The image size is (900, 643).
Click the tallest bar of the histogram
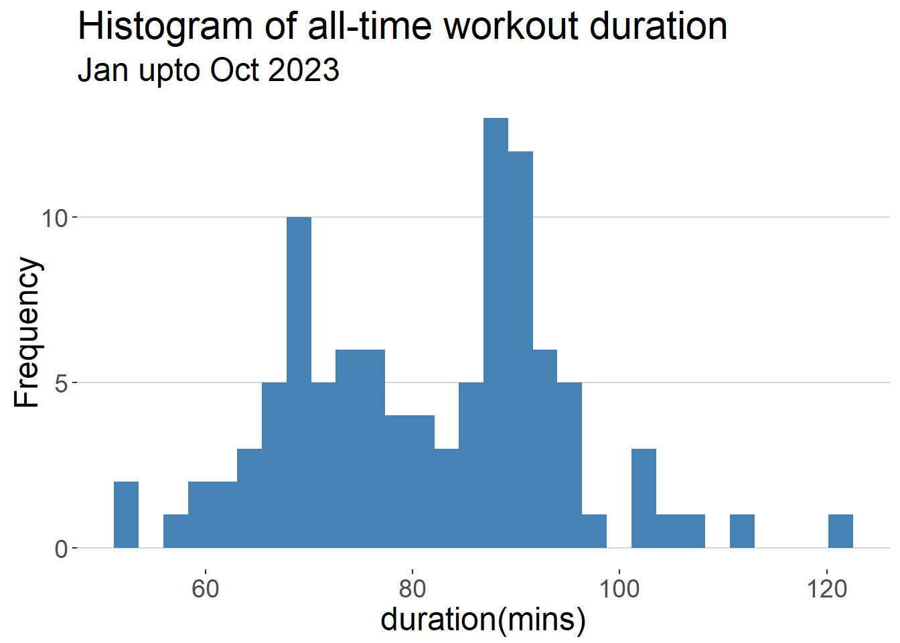(496, 333)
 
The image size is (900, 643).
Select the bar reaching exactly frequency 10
(299, 382)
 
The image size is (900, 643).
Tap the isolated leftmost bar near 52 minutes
(126, 514)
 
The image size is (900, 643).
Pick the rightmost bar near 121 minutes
(840, 531)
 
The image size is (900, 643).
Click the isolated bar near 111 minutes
(742, 531)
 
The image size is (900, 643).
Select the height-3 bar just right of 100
(644, 498)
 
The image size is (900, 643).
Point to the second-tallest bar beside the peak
(521, 350)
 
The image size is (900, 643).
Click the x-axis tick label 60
(206, 589)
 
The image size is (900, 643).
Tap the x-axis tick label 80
(412, 589)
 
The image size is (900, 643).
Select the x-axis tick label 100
(619, 589)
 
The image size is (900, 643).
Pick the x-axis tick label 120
(826, 589)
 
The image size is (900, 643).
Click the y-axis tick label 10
(54, 219)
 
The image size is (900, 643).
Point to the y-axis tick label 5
(61, 384)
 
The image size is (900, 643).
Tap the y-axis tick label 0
(61, 550)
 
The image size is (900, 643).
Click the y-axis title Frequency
(27, 332)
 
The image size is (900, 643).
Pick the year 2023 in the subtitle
(304, 70)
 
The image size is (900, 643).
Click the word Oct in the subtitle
(234, 70)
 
